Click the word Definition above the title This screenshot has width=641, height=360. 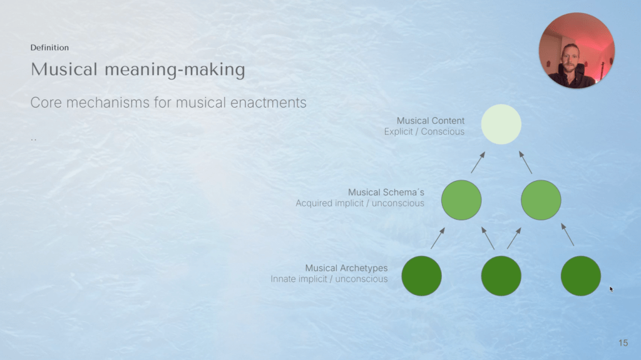[x=49, y=48]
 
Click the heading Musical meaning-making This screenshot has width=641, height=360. [x=138, y=69]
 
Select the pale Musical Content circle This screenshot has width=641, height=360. [x=501, y=125]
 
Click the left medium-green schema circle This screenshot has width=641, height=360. [x=461, y=200]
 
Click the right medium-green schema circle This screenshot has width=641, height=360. [x=541, y=200]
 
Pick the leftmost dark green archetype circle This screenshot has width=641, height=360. [x=421, y=275]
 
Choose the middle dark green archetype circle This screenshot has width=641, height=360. [x=501, y=275]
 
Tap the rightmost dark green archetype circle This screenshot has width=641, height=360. [x=581, y=275]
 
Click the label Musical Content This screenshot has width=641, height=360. [x=431, y=121]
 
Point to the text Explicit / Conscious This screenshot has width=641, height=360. [x=424, y=131]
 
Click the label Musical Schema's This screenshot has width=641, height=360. [x=386, y=192]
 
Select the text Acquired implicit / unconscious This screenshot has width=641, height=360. [x=360, y=203]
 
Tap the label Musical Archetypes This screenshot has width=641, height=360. [x=346, y=268]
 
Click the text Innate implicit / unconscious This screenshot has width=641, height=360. [x=329, y=279]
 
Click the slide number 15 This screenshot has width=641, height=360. [x=623, y=343]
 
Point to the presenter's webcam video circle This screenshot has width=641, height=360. [x=577, y=50]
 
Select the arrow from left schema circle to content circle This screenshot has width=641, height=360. [x=478, y=162]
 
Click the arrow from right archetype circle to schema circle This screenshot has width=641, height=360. [x=567, y=234]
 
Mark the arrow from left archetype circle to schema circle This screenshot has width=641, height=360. [x=438, y=238]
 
